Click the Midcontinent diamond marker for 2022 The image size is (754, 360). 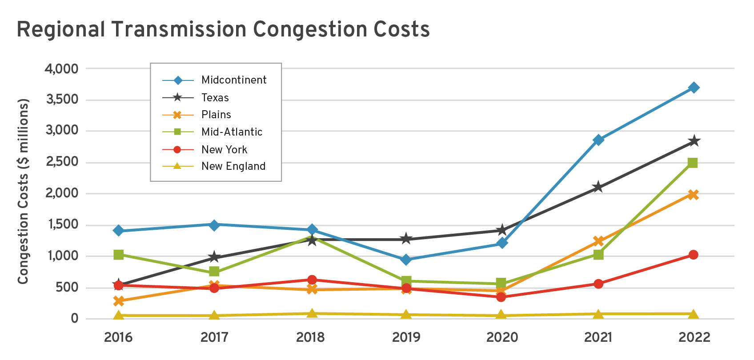[x=693, y=88]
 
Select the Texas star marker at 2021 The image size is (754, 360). [x=598, y=187]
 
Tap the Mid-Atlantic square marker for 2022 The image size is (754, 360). [x=693, y=163]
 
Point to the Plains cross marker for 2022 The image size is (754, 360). [x=693, y=195]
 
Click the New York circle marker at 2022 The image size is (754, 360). [x=693, y=255]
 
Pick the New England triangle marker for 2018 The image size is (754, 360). [x=312, y=313]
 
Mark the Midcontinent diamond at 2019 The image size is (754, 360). [x=405, y=260]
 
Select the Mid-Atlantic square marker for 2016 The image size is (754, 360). [x=119, y=255]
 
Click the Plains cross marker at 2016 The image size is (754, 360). [x=119, y=301]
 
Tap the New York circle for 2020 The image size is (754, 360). [x=501, y=297]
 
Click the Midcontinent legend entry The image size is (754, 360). [x=233, y=80]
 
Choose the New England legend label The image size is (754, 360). [x=233, y=166]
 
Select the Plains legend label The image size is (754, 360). [x=216, y=115]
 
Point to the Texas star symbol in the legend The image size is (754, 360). [x=177, y=97]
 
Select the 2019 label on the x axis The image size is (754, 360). [x=406, y=337]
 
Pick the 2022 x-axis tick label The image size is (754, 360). [x=694, y=337]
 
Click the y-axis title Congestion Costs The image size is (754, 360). [x=23, y=191]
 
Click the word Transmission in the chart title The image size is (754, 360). [x=179, y=29]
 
